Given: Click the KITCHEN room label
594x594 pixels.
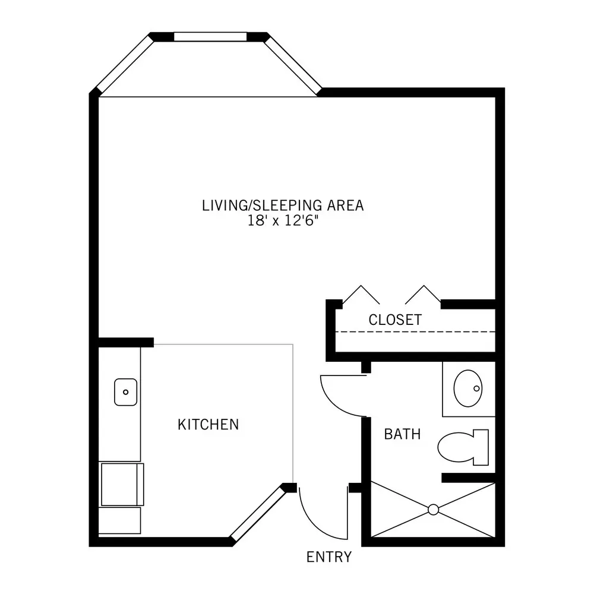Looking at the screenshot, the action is tap(208, 425).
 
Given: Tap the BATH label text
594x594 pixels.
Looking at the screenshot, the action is tap(402, 434).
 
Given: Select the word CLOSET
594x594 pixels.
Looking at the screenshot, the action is tap(395, 320).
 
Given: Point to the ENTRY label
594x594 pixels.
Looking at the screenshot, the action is tap(329, 557).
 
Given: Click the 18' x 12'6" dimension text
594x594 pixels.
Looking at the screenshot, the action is tap(283, 220).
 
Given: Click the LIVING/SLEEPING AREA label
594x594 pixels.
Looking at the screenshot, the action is tap(283, 206).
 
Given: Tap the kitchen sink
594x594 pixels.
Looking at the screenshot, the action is tap(126, 392).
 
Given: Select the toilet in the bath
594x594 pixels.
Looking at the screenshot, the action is tap(463, 447).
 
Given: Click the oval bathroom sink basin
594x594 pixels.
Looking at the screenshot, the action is tap(468, 388).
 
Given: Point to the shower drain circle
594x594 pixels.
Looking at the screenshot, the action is tap(434, 510).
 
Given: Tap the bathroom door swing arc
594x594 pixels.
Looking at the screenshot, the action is tap(335, 404).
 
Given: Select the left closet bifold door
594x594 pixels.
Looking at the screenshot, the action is tap(361, 294).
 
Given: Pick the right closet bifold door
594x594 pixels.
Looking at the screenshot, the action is tap(423, 294).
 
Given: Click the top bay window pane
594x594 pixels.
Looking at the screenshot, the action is tap(210, 37).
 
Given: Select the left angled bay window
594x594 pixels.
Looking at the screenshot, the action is tap(125, 65).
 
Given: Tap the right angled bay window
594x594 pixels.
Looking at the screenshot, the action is tap(292, 65).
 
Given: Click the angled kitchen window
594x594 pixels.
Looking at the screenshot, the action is tap(258, 514).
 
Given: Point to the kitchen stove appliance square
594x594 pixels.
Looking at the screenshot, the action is tap(122, 484).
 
